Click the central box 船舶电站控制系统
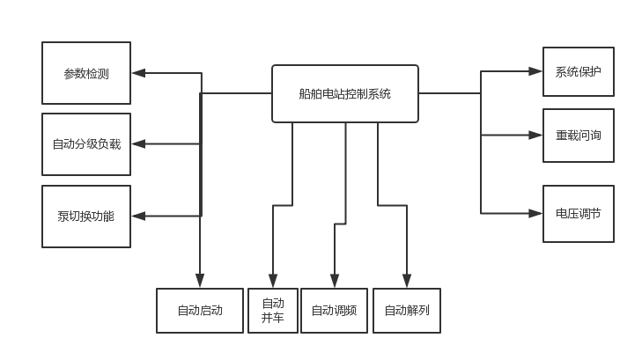344,93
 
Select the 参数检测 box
86,73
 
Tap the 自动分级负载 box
86,144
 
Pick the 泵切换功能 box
86,216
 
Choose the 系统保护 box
578,71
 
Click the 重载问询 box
578,136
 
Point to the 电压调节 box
578,213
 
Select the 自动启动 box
200,310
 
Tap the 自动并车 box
273,310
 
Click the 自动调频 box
334,310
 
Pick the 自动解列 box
407,310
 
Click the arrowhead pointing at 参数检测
138,72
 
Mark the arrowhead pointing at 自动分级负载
138,143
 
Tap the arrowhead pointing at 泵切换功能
138,216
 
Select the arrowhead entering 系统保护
535,71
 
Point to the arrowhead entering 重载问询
535,136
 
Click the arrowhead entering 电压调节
535,213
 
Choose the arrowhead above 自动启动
200,281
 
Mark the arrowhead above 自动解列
407,281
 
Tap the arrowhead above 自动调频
334,281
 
